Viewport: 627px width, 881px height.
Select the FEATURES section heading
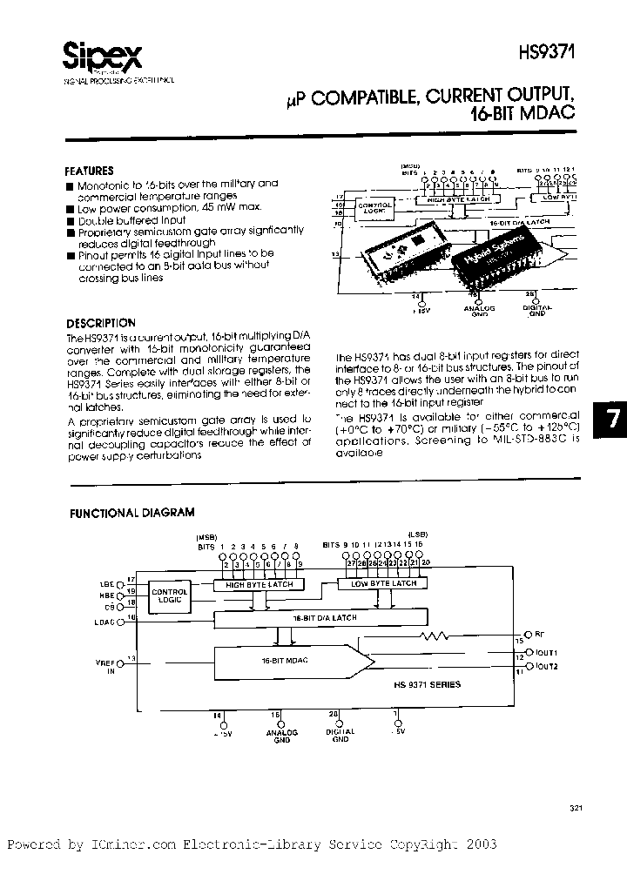[90, 171]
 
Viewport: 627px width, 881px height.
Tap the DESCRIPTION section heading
[100, 323]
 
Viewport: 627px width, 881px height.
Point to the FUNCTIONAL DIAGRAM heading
[132, 513]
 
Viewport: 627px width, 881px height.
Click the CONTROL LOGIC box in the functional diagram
[170, 596]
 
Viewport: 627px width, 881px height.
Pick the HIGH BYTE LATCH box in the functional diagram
[259, 585]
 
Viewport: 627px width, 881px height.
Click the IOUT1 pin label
[547, 652]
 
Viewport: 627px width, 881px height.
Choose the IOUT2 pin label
[547, 666]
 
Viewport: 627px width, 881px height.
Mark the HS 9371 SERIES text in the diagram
[431, 684]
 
